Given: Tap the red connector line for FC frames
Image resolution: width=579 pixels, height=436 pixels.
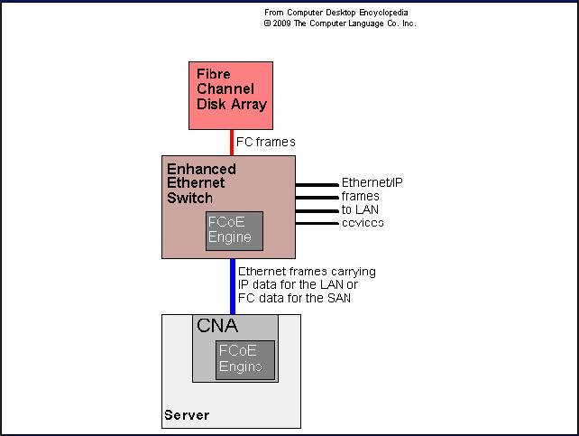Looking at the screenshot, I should pos(231,143).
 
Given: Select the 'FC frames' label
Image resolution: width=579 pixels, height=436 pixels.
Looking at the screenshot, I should pos(266,143).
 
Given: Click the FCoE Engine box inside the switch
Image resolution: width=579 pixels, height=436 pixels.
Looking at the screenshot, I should pos(234,230).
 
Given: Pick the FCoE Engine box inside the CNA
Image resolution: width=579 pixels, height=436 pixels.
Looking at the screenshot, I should pos(244,360).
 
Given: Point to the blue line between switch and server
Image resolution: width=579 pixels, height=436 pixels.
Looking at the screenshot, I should pos(232,285).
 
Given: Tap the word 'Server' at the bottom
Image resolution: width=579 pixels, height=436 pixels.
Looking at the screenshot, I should pos(187,415).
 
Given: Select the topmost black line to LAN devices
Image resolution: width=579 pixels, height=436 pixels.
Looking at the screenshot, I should pos(317,184).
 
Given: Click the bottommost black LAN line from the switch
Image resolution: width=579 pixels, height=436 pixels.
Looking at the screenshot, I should pos(317,222).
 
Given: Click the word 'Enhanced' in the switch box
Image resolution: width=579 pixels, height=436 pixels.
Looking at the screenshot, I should pos(201,170).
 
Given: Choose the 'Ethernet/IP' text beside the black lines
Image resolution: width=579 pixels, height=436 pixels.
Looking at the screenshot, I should pos(372,183).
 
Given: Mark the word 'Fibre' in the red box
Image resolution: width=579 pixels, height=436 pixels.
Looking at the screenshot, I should pos(214,74).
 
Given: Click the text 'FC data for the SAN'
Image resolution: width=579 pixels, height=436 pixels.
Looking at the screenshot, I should pos(295,298).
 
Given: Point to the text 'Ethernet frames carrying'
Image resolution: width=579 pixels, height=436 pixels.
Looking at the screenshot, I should pos(307,272).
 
